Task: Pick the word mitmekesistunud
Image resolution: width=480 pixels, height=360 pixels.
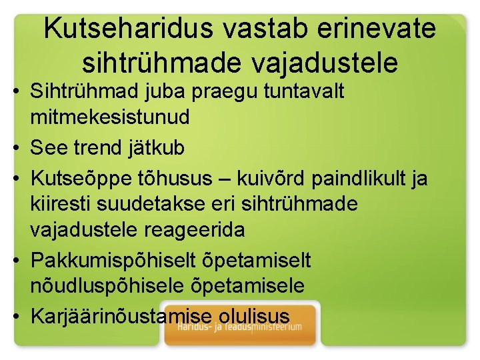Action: pyautogui.click(x=110, y=117)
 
